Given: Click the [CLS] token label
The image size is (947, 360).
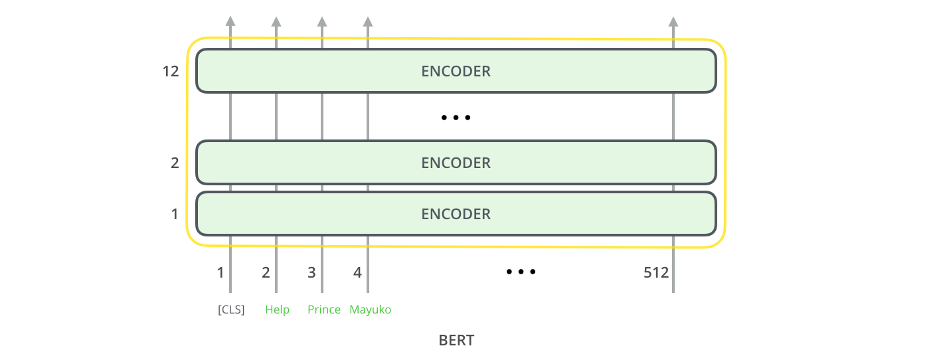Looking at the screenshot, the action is tap(231, 310).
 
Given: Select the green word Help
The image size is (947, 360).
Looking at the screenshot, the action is tap(278, 310).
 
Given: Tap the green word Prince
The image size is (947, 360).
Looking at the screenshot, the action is tap(324, 310).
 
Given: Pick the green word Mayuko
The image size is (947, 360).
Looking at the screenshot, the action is tap(371, 310).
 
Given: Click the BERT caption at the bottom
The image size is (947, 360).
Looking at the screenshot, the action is tap(456, 340).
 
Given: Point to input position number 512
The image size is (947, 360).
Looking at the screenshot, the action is tap(656, 272).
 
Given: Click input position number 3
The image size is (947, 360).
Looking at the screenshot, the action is tap(311, 272).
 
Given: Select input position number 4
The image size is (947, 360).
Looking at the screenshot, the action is tap(357, 272).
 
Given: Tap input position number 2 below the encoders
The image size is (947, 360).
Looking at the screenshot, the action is tap(266, 272).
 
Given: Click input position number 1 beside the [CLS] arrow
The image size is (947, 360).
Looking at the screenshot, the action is tap(220, 272).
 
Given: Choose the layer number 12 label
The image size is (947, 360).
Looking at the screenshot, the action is tap(171, 71).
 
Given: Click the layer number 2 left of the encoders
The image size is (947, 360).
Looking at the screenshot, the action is tap(175, 163).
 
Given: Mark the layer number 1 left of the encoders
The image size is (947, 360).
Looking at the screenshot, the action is tap(175, 214).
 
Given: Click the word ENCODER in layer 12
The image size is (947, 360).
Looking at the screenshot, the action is tap(456, 71).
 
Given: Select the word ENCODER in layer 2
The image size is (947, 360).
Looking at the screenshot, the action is tap(456, 163).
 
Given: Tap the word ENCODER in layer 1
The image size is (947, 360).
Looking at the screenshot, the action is tap(456, 214).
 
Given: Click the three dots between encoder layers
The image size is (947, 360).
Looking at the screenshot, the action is tap(456, 118).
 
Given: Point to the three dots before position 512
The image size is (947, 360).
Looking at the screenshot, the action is tap(521, 272).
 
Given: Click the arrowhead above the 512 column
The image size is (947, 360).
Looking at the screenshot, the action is tap(673, 21).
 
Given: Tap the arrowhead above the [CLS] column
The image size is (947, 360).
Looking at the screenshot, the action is tap(230, 21).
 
